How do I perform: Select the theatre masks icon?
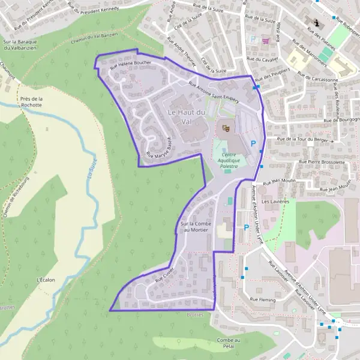pos(226,127)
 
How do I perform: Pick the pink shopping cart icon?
pos(265,40)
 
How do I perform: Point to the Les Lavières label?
pos(275,202)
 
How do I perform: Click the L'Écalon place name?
pos(46,280)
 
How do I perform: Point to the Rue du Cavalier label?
pos(264,60)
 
